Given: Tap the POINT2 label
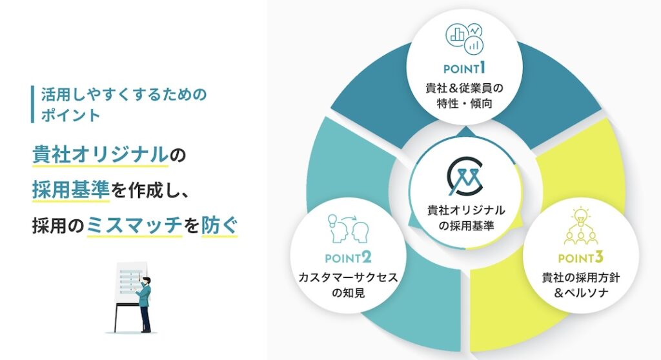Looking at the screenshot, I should [x=348, y=259].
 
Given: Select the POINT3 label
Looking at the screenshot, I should [x=580, y=259].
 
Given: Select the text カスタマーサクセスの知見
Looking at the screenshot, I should [x=348, y=286].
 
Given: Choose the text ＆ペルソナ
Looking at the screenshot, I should [x=580, y=295].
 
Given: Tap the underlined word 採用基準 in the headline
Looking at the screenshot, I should [x=67, y=190].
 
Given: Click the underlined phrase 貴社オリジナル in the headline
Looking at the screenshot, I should [x=99, y=155].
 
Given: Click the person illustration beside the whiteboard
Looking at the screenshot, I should [x=145, y=303].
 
